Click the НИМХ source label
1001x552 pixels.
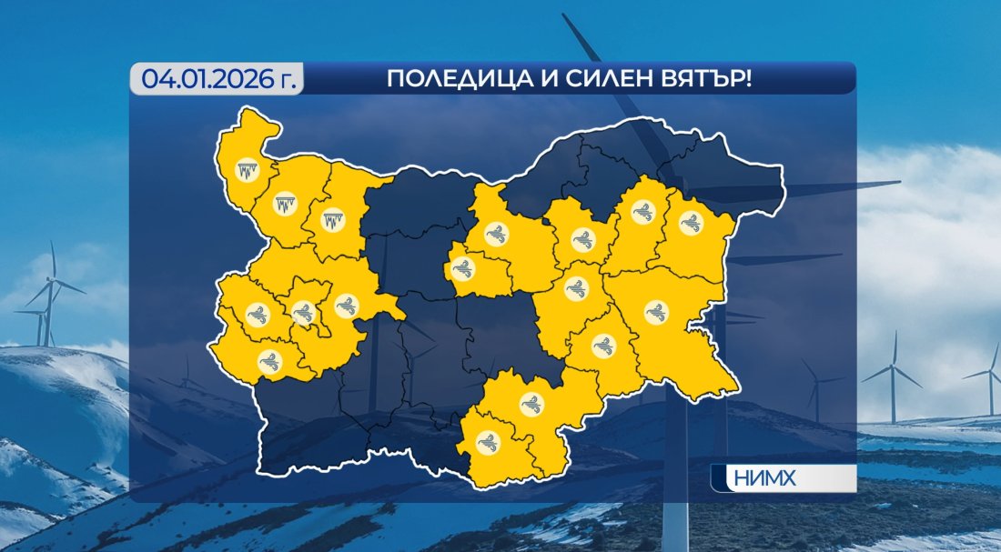pos(757,478)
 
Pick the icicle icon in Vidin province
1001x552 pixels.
pos(247,170)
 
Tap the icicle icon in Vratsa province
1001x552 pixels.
pos(329,219)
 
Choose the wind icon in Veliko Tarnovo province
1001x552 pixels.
pos(496,235)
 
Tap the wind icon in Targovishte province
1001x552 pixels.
pos(581,240)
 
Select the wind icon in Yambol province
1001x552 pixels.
pos(604,346)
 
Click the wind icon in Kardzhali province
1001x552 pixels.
pos(489,443)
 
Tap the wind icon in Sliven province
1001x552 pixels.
pos(576,290)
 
